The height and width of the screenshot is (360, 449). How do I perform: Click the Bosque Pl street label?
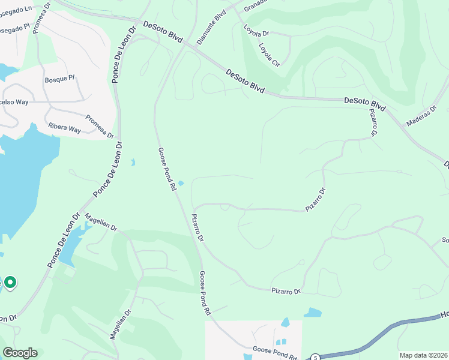[x=59, y=78]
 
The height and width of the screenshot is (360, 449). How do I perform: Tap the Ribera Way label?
[x=65, y=128]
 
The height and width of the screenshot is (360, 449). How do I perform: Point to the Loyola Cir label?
[x=269, y=55]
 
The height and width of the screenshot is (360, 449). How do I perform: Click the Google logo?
[x=20, y=353]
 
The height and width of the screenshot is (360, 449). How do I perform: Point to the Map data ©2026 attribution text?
[x=423, y=355]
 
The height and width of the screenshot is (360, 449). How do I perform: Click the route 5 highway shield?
[x=315, y=358]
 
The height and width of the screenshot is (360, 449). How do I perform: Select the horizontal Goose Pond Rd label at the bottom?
[x=274, y=352]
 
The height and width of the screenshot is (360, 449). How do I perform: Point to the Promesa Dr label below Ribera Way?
[x=99, y=126]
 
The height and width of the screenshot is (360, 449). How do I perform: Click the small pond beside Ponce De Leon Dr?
[x=133, y=162]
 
